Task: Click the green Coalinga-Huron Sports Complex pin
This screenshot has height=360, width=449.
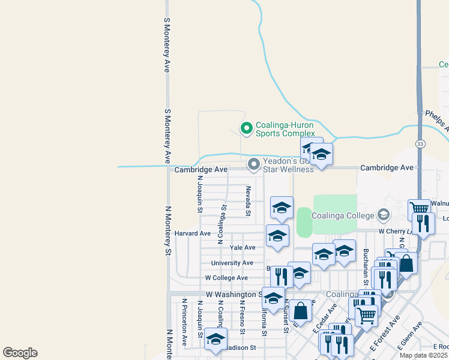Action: pos(246,128)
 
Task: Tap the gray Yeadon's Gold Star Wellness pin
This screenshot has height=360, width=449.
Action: pos(254,164)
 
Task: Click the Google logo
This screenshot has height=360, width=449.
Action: pos(20,353)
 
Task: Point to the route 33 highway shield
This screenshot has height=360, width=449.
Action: pos(420,143)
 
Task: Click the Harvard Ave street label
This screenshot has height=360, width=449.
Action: pos(193,233)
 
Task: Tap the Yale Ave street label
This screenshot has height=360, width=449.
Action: pos(243,248)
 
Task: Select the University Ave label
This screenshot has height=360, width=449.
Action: pos(232,263)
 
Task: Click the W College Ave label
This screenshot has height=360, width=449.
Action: pos(226,278)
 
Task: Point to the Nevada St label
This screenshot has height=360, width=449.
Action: pos(248,200)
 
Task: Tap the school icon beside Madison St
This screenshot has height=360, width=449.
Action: pos(215,339)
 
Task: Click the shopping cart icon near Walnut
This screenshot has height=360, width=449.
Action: pos(418,209)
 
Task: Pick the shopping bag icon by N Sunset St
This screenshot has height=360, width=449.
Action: pos(301,310)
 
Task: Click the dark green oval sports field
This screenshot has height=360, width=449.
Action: pos(304,223)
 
